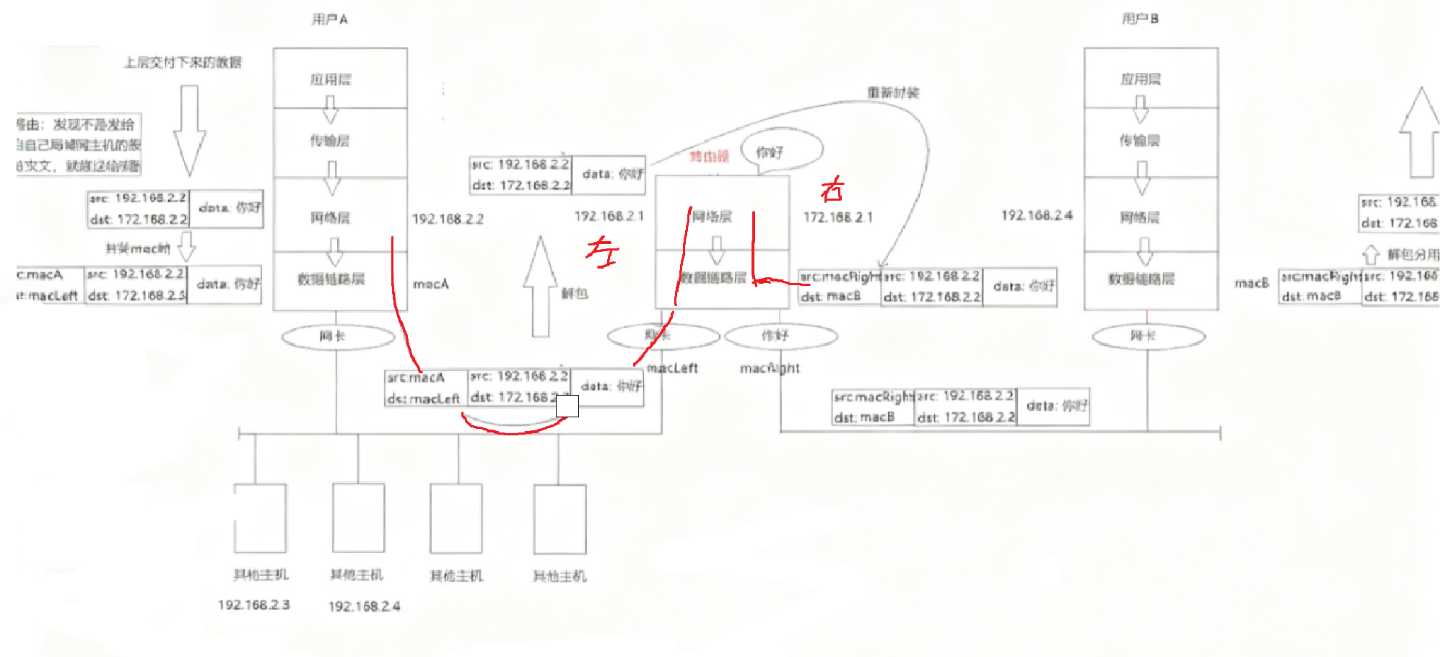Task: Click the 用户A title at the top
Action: [x=329, y=19]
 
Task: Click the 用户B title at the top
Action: [x=1140, y=19]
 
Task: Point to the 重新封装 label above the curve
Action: [x=893, y=92]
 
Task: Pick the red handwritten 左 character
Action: [x=602, y=252]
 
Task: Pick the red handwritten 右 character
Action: [x=832, y=190]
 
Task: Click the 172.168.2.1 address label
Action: [x=837, y=217]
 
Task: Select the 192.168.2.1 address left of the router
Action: [x=609, y=216]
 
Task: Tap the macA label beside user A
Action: [x=430, y=284]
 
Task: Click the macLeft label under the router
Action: [x=672, y=368]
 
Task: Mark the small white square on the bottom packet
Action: [x=567, y=406]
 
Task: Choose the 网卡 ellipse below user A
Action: [x=337, y=336]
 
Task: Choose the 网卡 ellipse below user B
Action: [x=1148, y=336]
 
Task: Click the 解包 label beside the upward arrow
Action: [x=575, y=292]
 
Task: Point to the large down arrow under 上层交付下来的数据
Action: [x=189, y=130]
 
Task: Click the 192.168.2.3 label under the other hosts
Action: [x=253, y=604]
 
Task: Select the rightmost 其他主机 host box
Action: [x=559, y=518]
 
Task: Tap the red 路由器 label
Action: [x=709, y=156]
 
